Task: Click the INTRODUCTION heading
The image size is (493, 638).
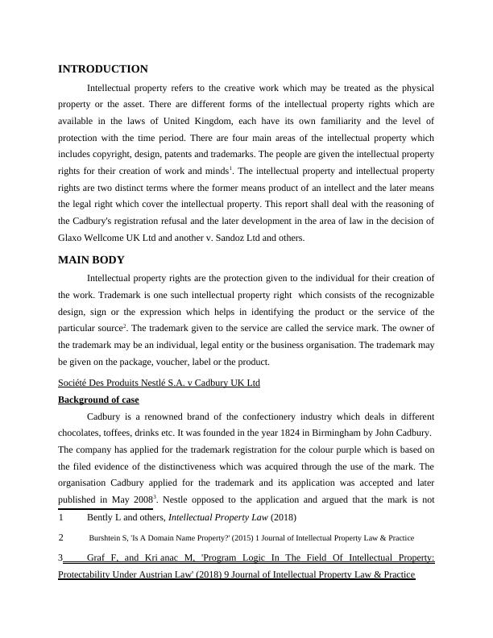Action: (x=103, y=69)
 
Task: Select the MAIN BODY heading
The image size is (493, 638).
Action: (x=91, y=259)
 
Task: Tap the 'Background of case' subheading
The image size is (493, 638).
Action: (x=98, y=400)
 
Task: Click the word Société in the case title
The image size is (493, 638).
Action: (x=77, y=382)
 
